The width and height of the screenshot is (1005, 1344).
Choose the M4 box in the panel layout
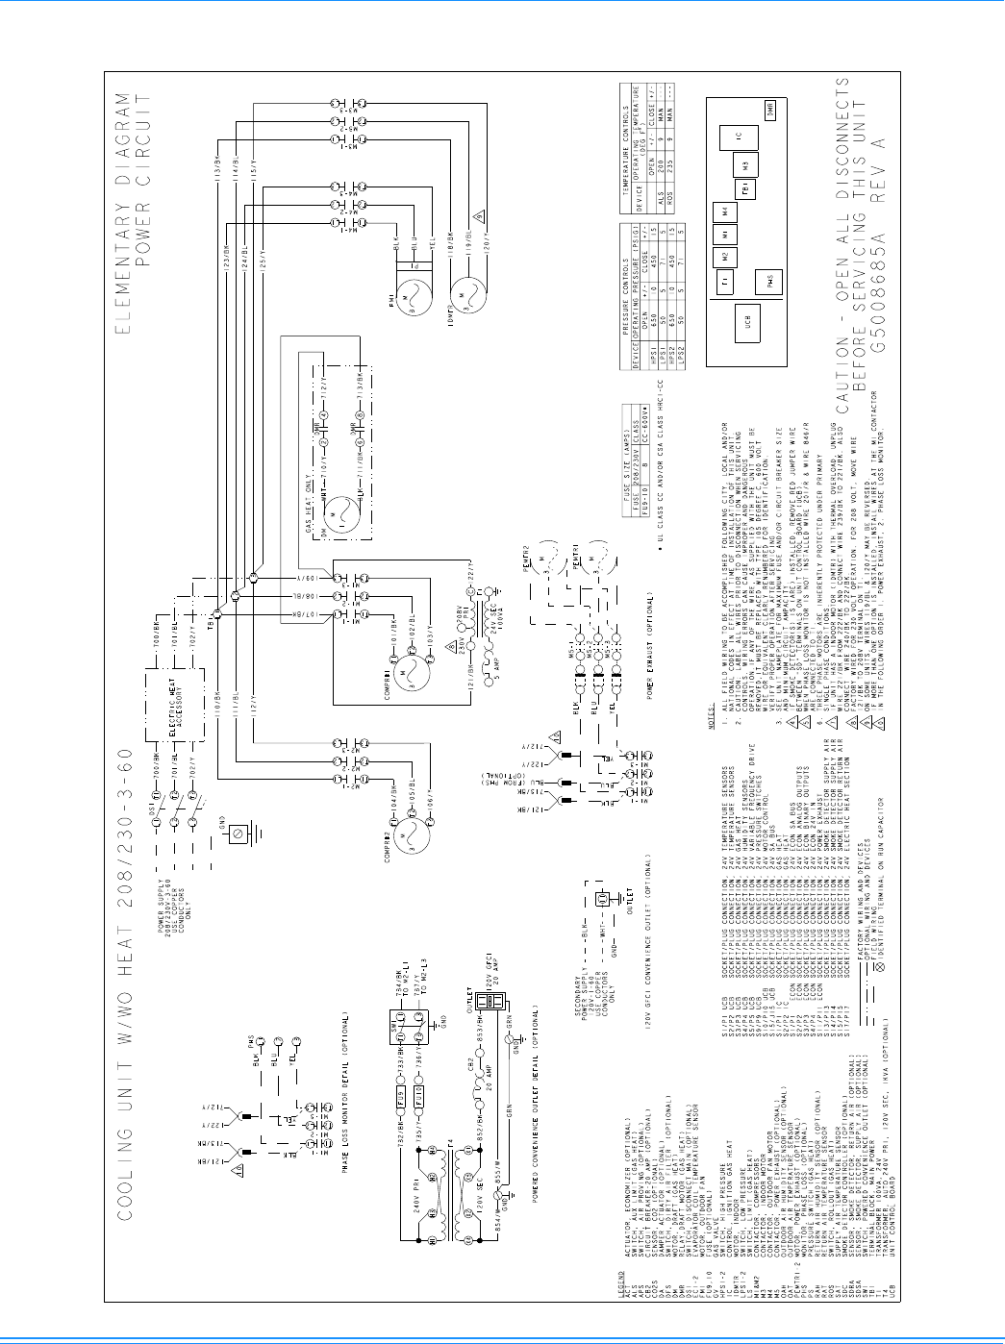pos(724,212)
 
